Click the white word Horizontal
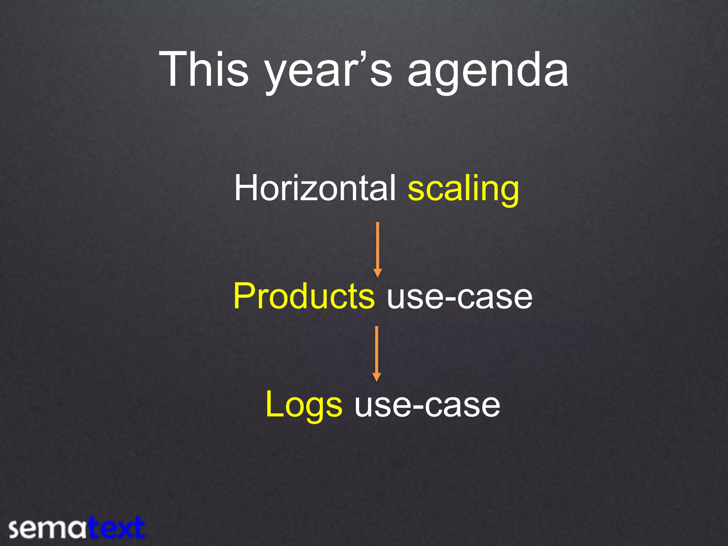315,188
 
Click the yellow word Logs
304,405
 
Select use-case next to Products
460,297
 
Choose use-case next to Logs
427,405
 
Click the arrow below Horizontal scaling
378,249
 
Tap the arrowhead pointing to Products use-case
378,273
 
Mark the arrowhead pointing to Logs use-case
377,377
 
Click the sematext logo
76,528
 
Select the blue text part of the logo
117,528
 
